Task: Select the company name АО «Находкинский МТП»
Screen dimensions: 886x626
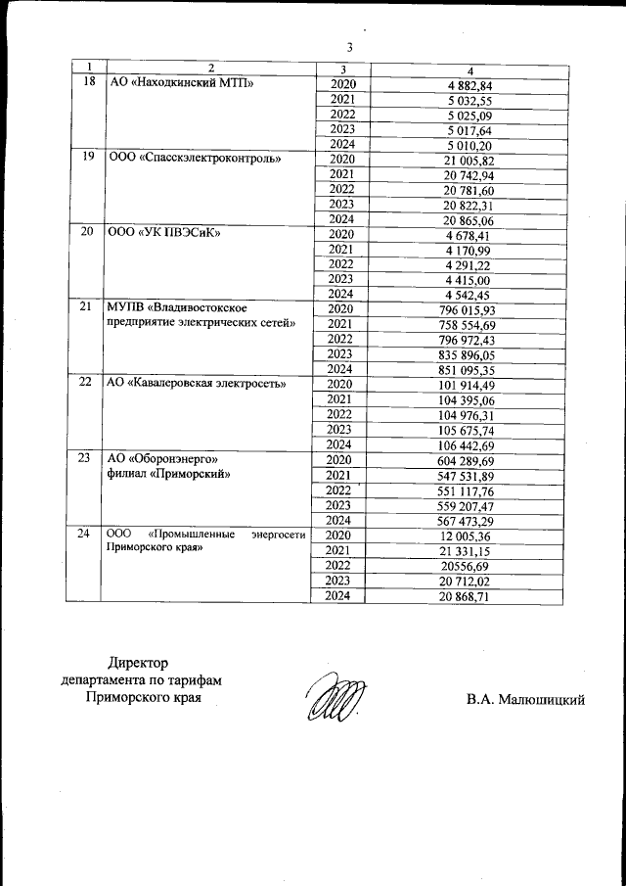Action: (x=181, y=84)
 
